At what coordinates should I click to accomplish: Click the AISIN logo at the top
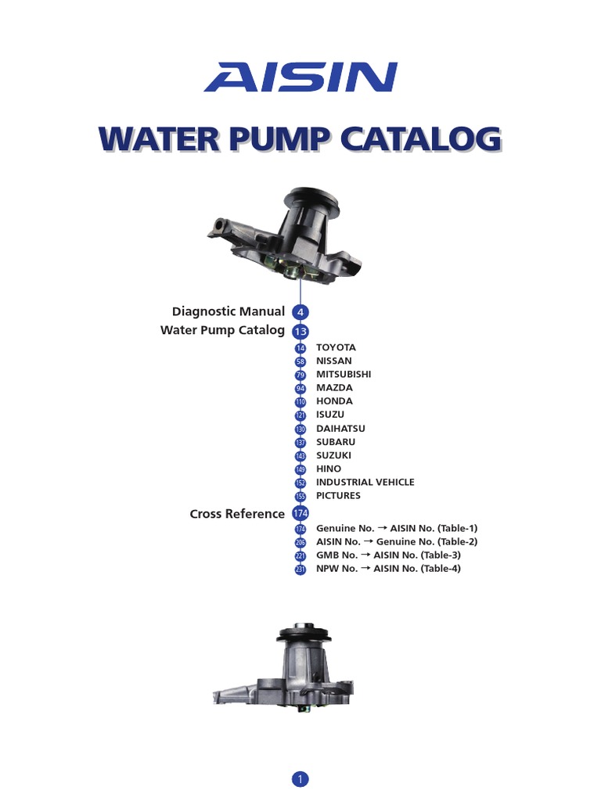(x=300, y=77)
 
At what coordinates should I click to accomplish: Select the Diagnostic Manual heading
(x=229, y=311)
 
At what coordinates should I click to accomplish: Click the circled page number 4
(x=300, y=312)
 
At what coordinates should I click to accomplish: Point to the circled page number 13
(x=300, y=331)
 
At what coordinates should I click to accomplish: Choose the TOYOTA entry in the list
(x=336, y=347)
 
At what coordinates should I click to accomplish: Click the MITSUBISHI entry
(x=344, y=374)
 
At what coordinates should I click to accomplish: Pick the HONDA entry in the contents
(x=334, y=401)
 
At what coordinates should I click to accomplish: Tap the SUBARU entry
(x=336, y=442)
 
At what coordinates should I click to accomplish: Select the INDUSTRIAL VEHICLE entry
(x=365, y=483)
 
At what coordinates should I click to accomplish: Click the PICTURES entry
(x=338, y=496)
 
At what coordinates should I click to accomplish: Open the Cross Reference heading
(x=237, y=514)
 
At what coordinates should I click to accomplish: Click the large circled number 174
(x=300, y=514)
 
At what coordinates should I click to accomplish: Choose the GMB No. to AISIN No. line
(x=389, y=555)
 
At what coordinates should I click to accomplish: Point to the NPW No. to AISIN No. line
(x=388, y=569)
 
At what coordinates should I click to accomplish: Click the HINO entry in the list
(x=329, y=469)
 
